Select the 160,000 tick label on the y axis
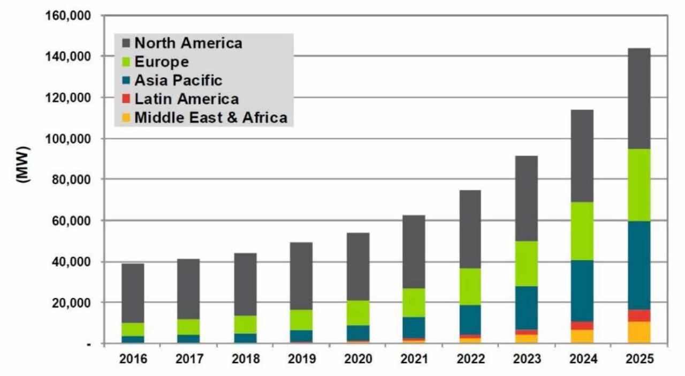tap(68, 16)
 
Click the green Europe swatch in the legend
tap(126, 62)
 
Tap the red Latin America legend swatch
tap(126, 99)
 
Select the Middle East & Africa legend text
tap(210, 117)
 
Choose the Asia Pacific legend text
tap(178, 80)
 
